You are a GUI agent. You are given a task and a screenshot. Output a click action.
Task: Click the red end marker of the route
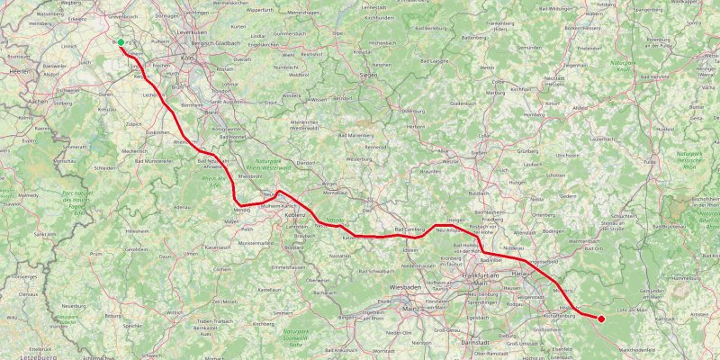coord(601,318)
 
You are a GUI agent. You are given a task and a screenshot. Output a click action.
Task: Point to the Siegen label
coord(367,75)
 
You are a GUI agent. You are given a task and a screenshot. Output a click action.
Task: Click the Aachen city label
coord(38,102)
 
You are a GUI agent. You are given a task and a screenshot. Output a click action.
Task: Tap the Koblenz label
coord(296,215)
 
